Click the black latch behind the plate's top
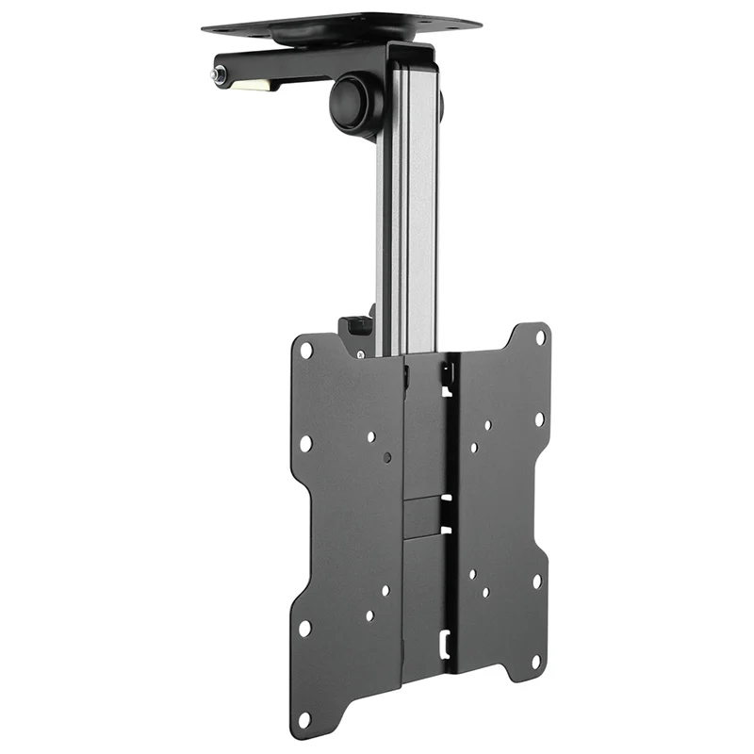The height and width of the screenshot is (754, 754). pos(356,325)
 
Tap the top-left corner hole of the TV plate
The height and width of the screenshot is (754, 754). pos(306,350)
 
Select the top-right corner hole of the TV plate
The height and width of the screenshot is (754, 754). pos(540,336)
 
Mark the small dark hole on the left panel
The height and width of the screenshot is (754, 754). pos(388,458)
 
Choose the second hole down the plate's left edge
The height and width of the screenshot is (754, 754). pos(304,443)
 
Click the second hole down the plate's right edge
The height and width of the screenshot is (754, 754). pos(539,419)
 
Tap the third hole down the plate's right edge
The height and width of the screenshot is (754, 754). pos(537,582)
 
